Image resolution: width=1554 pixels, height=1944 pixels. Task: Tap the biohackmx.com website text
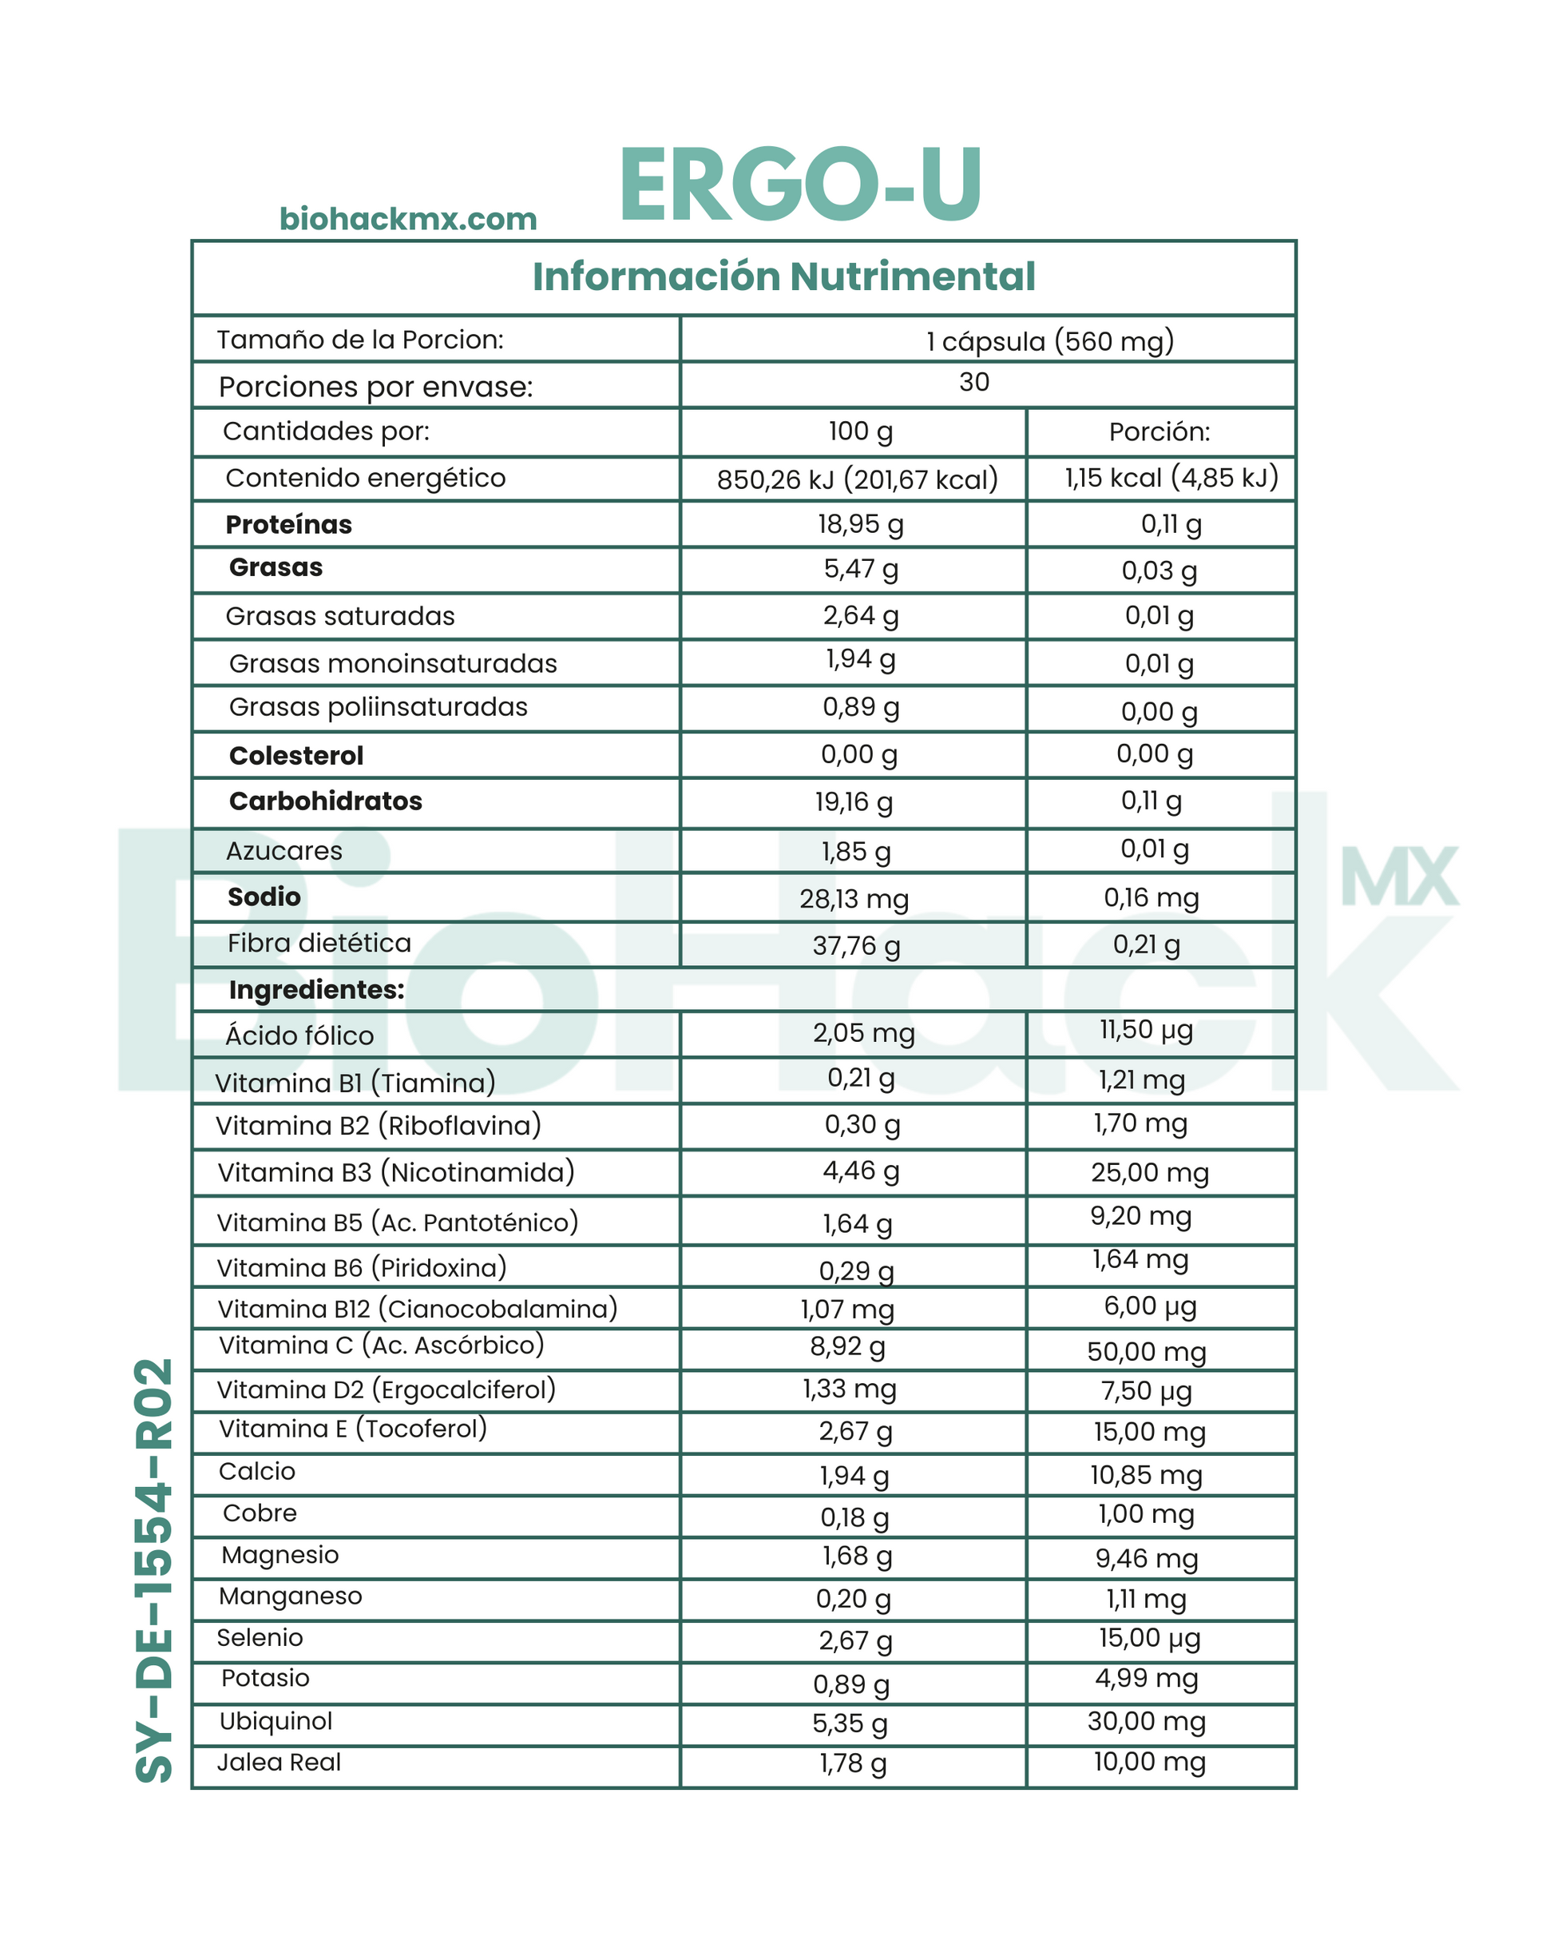click(x=407, y=219)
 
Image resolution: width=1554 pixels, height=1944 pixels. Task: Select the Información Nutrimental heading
click(x=783, y=276)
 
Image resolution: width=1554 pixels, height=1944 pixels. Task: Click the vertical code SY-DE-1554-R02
click(x=154, y=1570)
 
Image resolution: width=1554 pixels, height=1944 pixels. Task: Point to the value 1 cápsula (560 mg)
click(x=1050, y=341)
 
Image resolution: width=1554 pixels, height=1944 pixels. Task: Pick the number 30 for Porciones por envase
click(x=973, y=382)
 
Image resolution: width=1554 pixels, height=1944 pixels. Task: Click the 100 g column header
click(x=860, y=432)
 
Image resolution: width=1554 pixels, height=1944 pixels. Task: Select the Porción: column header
click(x=1160, y=432)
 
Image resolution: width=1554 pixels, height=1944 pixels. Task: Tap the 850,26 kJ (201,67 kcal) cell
click(x=857, y=479)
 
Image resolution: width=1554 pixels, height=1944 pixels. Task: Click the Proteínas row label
click(x=288, y=525)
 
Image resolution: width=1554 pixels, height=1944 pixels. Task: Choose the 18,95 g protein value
click(x=860, y=524)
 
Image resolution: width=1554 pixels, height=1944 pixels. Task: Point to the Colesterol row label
click(x=295, y=756)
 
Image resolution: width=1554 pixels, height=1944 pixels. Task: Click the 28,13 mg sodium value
click(x=854, y=899)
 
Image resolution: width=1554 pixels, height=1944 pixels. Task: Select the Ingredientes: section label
click(x=316, y=990)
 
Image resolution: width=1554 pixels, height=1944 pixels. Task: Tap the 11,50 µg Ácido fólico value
click(x=1146, y=1030)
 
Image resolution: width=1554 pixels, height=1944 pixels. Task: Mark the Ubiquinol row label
click(x=276, y=1721)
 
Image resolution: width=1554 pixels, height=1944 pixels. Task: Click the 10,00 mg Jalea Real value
click(x=1149, y=1761)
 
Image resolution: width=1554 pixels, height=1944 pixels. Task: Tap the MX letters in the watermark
click(x=1398, y=877)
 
